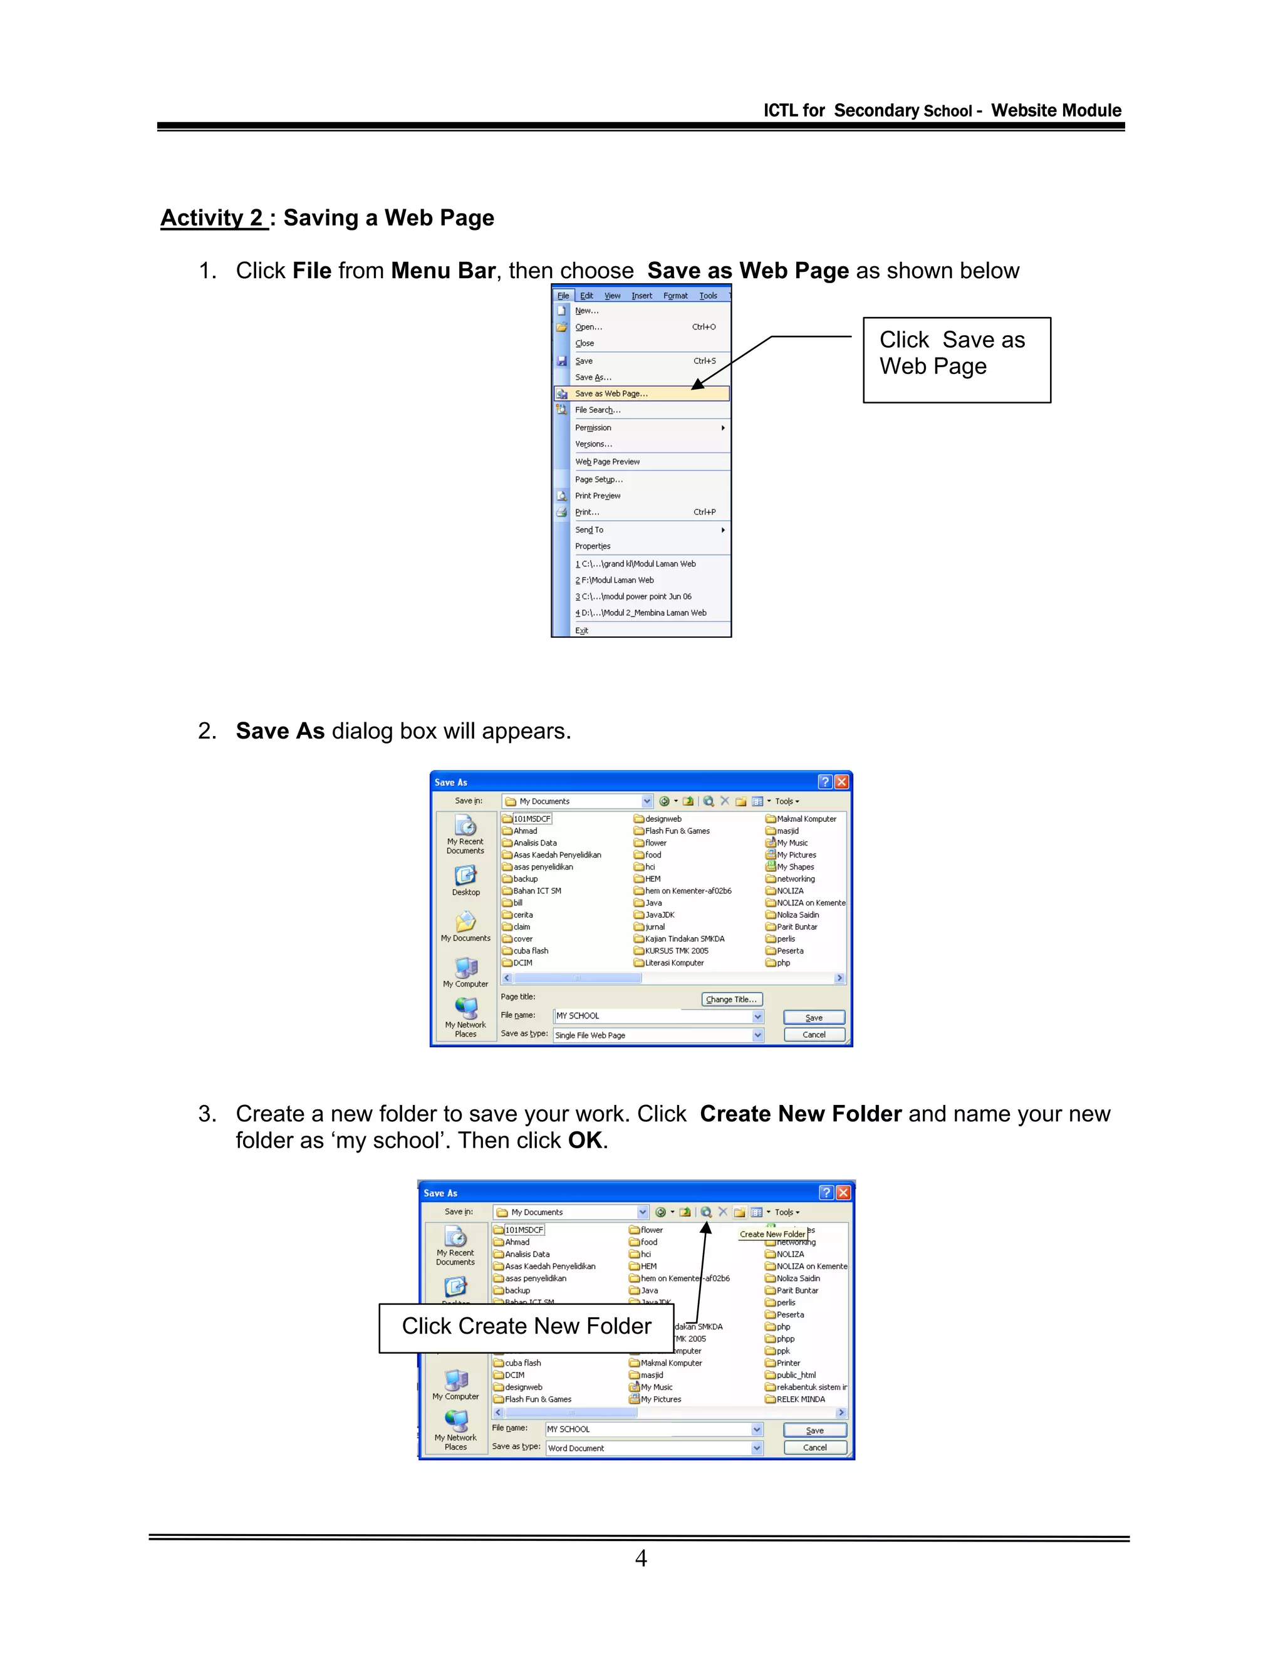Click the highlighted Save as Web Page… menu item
tap(611, 394)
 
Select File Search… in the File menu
tap(598, 410)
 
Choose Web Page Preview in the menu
tap(607, 462)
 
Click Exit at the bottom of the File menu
tap(581, 631)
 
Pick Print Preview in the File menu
tap(598, 496)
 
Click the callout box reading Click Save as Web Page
tap(956, 360)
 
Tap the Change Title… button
tap(730, 1000)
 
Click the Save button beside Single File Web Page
tap(813, 1018)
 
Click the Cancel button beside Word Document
tap(815, 1448)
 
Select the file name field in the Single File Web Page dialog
tap(653, 1016)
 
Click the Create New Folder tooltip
tap(772, 1235)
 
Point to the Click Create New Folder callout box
tap(526, 1326)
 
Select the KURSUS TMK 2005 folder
tap(676, 951)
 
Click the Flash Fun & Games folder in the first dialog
tap(677, 831)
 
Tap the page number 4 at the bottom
tap(641, 1558)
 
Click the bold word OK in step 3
tap(584, 1140)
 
